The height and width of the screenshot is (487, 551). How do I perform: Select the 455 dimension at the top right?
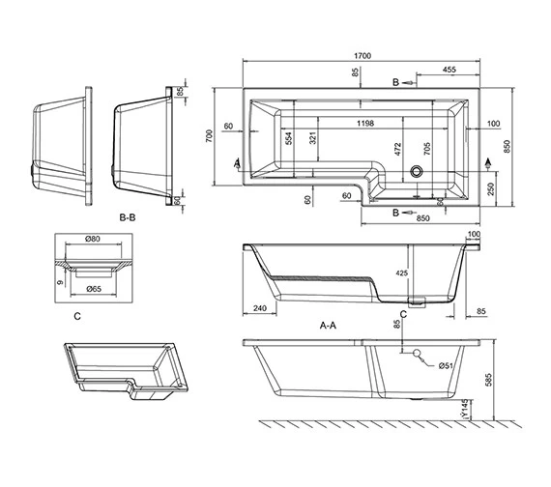tap(449, 70)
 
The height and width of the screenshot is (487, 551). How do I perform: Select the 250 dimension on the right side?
tap(490, 189)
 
